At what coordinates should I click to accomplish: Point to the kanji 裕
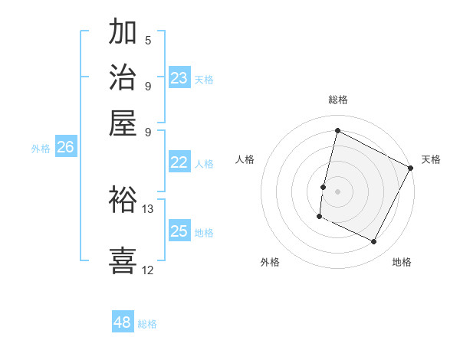[x=123, y=198]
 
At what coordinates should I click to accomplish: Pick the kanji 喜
[x=123, y=259]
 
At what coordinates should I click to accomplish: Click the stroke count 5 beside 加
[x=147, y=41]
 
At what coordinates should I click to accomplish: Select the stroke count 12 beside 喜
[x=147, y=269]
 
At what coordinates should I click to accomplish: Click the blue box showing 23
[x=179, y=77]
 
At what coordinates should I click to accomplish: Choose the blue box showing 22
[x=179, y=162]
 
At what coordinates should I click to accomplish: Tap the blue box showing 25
[x=179, y=231]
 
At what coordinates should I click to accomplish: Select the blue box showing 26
[x=65, y=147]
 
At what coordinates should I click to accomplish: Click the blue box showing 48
[x=123, y=322]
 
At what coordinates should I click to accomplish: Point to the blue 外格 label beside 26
[x=41, y=149]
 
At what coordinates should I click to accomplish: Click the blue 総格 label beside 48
[x=147, y=324]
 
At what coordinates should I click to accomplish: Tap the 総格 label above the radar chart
[x=338, y=100]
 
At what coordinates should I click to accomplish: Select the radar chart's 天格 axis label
[x=431, y=159]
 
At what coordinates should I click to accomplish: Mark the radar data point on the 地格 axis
[x=374, y=242]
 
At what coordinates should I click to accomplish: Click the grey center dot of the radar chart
[x=337, y=191]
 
